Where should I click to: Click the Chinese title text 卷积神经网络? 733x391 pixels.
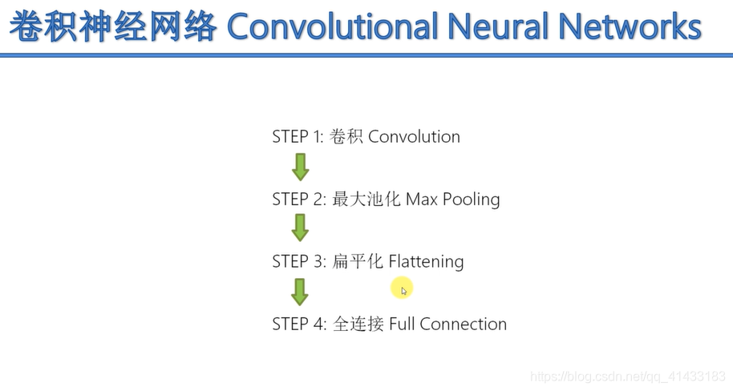113,26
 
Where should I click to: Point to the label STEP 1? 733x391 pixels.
298,137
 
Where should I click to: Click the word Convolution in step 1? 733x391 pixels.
414,137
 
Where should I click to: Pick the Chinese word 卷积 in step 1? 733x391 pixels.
346,137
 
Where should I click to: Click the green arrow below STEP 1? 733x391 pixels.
300,167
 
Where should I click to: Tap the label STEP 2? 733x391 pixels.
298,200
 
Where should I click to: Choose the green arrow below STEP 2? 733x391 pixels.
300,228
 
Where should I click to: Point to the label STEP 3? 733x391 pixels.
298,262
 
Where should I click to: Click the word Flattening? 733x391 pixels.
426,262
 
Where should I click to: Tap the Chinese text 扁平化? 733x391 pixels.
357,262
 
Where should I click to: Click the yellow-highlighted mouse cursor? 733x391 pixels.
403,289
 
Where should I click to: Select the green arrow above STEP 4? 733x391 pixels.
300,292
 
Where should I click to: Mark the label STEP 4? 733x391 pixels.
298,324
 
